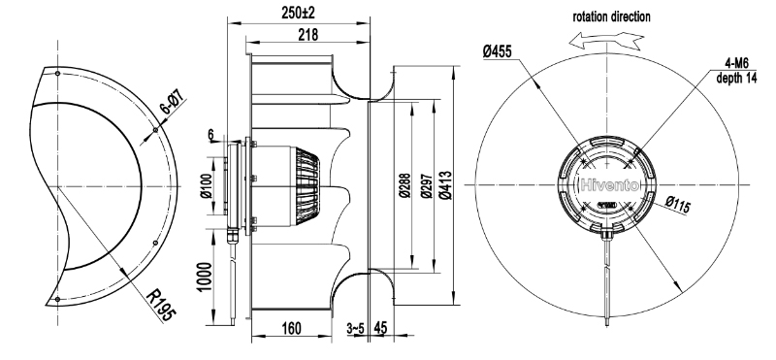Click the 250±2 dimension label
pos(299,13)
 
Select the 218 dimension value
pos(307,35)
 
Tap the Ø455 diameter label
pos(498,51)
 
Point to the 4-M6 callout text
pos(737,63)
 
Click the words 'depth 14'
pos(737,79)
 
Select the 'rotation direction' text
pos(612,16)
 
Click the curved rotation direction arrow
pos(606,41)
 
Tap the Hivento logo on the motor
pos(608,185)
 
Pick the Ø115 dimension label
pos(677,204)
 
